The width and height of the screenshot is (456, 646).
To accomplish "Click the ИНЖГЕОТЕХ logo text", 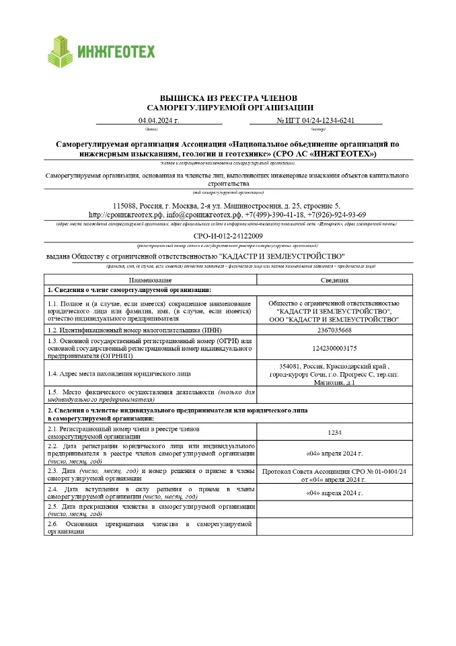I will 116,52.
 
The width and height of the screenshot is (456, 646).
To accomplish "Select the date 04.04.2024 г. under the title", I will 159,120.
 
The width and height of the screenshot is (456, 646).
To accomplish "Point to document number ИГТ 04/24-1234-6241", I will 315,120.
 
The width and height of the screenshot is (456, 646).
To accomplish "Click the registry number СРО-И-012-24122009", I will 227,236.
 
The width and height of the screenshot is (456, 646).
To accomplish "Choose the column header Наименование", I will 151,280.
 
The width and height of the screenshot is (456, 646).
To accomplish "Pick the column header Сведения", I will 334,280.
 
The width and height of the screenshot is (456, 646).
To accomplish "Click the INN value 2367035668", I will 334,330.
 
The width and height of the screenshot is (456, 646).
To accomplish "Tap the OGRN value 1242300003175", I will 334,348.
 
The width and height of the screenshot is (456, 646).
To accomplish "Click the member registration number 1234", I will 334,432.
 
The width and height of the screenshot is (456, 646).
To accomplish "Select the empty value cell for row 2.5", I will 334,509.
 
